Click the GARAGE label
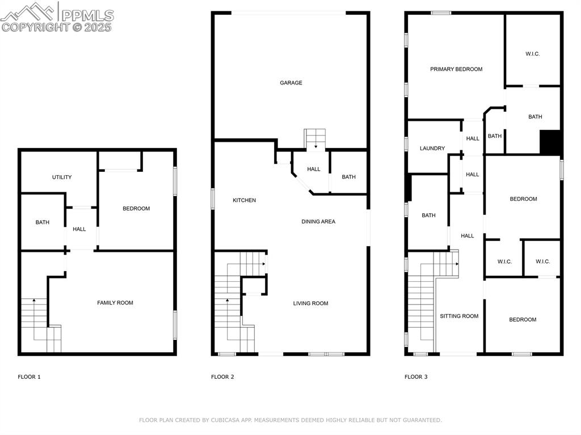pyautogui.click(x=290, y=83)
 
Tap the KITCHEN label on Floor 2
pyautogui.click(x=244, y=200)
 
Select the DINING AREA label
pyautogui.click(x=318, y=222)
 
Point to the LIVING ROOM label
pyautogui.click(x=310, y=303)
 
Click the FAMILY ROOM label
pyautogui.click(x=115, y=303)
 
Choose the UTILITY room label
pyautogui.click(x=62, y=177)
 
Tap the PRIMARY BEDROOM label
pyautogui.click(x=456, y=69)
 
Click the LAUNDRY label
pyautogui.click(x=432, y=149)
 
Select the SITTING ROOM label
pyautogui.click(x=459, y=316)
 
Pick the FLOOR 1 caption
pyautogui.click(x=29, y=377)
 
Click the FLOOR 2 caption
pyautogui.click(x=222, y=377)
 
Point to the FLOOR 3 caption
pyautogui.click(x=416, y=377)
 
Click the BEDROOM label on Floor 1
pyautogui.click(x=136, y=209)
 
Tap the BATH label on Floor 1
pyautogui.click(x=43, y=222)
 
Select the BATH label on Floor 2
pyautogui.click(x=348, y=177)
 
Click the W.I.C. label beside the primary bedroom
pyautogui.click(x=532, y=54)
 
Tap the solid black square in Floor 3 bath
pyautogui.click(x=550, y=142)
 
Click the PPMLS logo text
pyautogui.click(x=87, y=15)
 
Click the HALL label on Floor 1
pyautogui.click(x=79, y=229)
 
